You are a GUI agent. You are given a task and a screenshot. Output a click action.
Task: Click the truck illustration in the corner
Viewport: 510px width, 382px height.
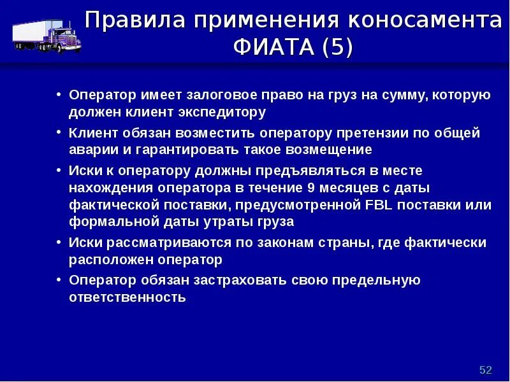pos(43,35)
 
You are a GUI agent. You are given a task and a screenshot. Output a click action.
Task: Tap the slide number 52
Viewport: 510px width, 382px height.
pos(486,370)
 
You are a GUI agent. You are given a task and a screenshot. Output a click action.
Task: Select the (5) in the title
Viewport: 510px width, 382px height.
pos(337,48)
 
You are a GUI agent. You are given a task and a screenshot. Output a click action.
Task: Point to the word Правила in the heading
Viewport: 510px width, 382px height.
pos(133,21)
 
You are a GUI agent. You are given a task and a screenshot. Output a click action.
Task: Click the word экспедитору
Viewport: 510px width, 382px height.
pos(223,113)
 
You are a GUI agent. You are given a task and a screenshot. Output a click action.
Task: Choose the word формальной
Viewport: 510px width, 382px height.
pos(109,222)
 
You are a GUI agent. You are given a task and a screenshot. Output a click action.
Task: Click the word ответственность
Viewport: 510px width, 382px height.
pos(127,297)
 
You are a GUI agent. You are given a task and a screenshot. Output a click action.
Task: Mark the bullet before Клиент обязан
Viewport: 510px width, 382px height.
pos(59,133)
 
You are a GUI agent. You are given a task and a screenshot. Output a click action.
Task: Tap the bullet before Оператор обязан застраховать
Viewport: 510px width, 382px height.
pos(59,280)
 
